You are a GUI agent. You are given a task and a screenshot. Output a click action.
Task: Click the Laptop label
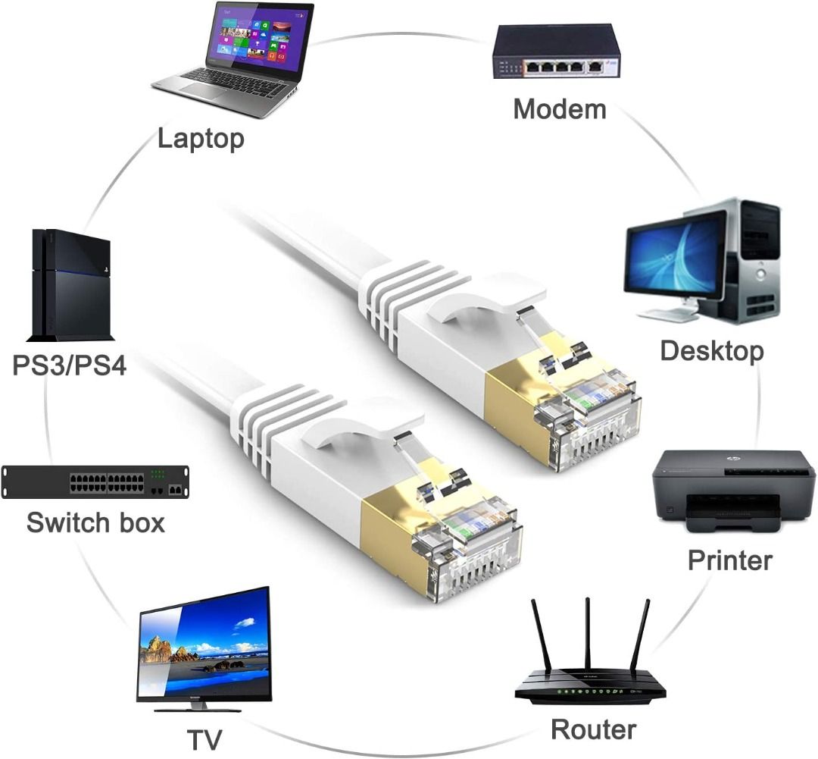pyautogui.click(x=201, y=139)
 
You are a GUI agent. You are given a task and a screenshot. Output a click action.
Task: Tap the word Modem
pyautogui.click(x=560, y=109)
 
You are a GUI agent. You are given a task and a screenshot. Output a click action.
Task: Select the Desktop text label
pyautogui.click(x=711, y=351)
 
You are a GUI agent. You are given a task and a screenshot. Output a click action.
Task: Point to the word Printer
pyautogui.click(x=729, y=560)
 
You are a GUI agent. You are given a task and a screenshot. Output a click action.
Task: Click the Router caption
pyautogui.click(x=593, y=729)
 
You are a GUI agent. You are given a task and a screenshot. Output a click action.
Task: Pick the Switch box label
pyautogui.click(x=95, y=522)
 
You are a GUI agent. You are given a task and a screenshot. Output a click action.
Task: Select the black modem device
pyautogui.click(x=556, y=52)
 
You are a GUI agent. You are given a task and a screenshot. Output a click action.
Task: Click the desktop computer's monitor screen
pyautogui.click(x=673, y=253)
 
